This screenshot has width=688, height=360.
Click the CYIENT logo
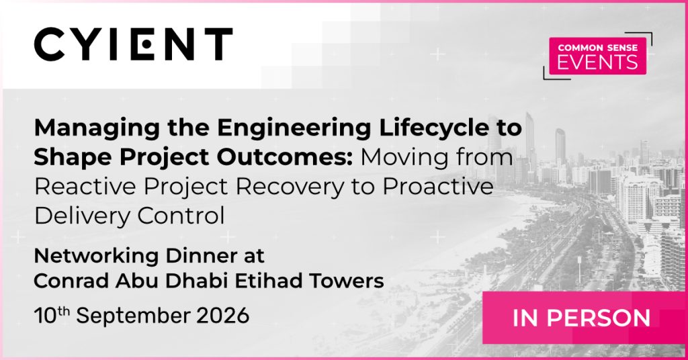(134, 44)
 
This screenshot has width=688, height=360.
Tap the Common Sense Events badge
(597, 56)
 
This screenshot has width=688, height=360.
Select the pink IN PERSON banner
(585, 318)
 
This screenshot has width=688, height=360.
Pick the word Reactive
(85, 186)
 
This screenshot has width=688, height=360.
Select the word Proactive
(438, 186)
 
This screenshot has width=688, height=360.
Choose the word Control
(181, 216)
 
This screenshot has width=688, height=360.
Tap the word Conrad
(71, 281)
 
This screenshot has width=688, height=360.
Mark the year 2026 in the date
(222, 316)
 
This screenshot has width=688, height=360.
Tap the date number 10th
(52, 315)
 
